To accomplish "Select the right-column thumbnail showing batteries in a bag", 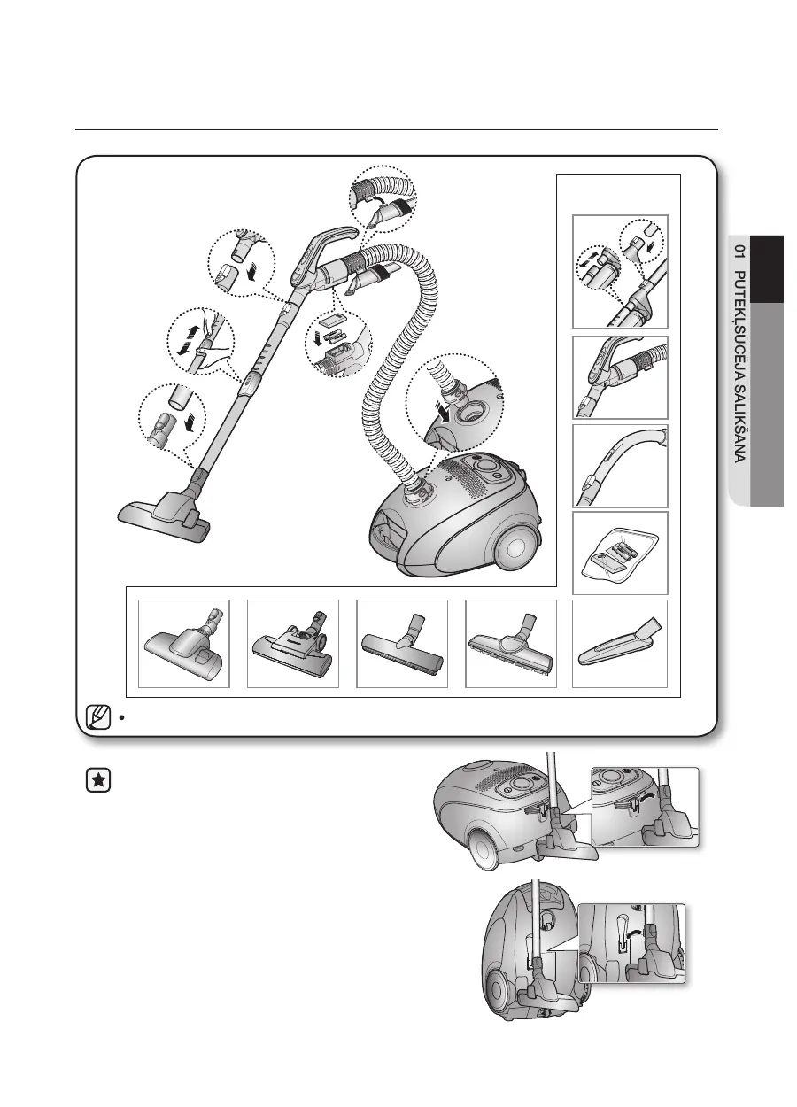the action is point(620,553).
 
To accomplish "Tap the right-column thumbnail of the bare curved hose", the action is point(620,465).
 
